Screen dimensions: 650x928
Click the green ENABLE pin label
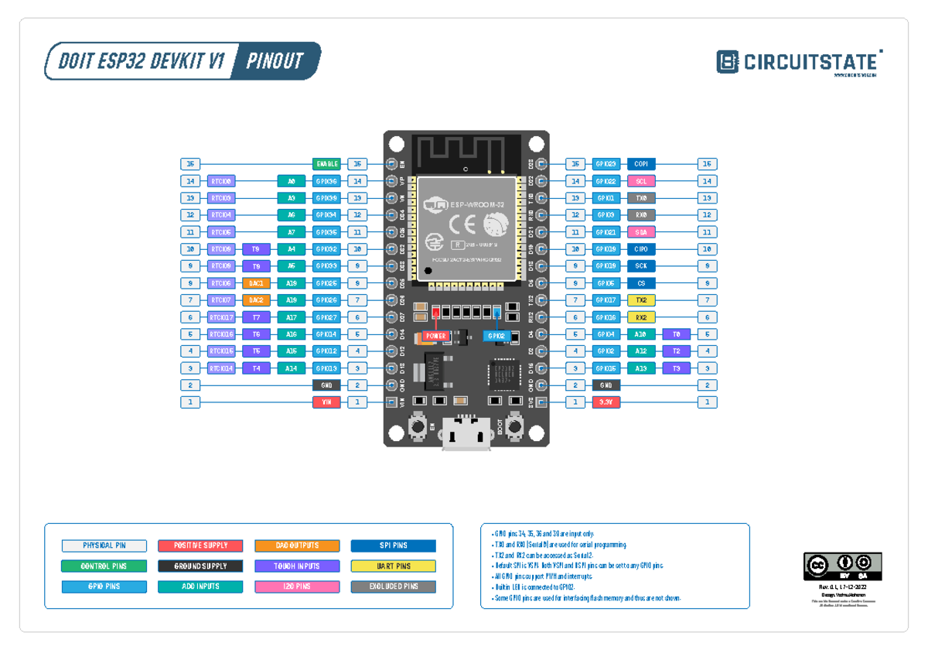coord(326,164)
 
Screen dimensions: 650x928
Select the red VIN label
coord(326,402)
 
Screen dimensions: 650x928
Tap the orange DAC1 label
coord(256,283)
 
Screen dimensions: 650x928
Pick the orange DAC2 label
coord(256,300)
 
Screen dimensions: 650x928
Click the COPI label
coord(641,164)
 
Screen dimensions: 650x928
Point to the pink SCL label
coord(641,181)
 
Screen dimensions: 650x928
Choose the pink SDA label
coord(641,232)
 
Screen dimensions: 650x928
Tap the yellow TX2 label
coord(641,300)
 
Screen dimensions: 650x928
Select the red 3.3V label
coord(606,402)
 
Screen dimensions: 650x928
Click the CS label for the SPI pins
coord(641,283)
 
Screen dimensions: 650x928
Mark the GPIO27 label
coord(326,317)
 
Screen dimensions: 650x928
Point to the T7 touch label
coord(256,317)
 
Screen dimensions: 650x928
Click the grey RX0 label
coord(641,215)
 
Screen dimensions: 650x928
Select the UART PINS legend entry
coord(394,566)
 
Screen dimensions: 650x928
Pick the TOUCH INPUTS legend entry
coord(297,566)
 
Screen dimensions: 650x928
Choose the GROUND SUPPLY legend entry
coord(200,566)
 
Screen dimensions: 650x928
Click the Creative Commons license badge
coord(843,566)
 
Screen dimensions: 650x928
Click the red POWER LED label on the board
coord(435,337)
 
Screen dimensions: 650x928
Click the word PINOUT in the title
coord(275,61)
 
